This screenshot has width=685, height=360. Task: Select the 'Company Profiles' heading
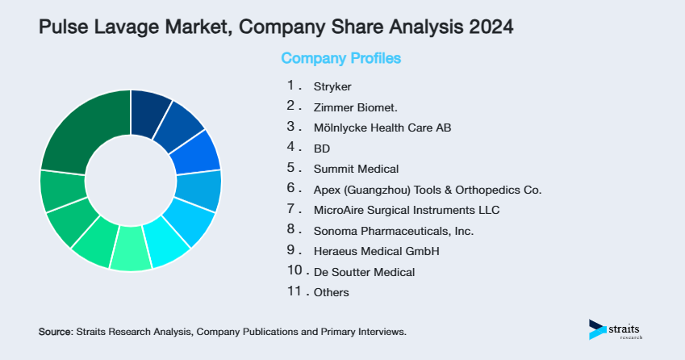coord(340,58)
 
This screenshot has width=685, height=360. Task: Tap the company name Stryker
coord(332,86)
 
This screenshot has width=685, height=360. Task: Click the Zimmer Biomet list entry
coord(355,107)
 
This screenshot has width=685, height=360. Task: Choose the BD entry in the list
coord(322,149)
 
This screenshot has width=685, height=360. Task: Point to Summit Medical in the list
coord(356,169)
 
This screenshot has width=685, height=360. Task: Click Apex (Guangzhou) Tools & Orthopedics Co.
coord(427,190)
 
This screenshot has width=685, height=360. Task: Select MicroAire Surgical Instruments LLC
coord(407,211)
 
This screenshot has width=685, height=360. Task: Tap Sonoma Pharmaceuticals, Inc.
coord(393,231)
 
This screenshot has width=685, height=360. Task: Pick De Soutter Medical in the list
coord(364,272)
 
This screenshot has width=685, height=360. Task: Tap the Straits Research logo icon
coord(597,329)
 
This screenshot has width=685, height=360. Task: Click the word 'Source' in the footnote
coord(55,332)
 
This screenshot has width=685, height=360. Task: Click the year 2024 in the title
coord(486,27)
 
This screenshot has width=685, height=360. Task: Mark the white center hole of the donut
coord(131,180)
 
